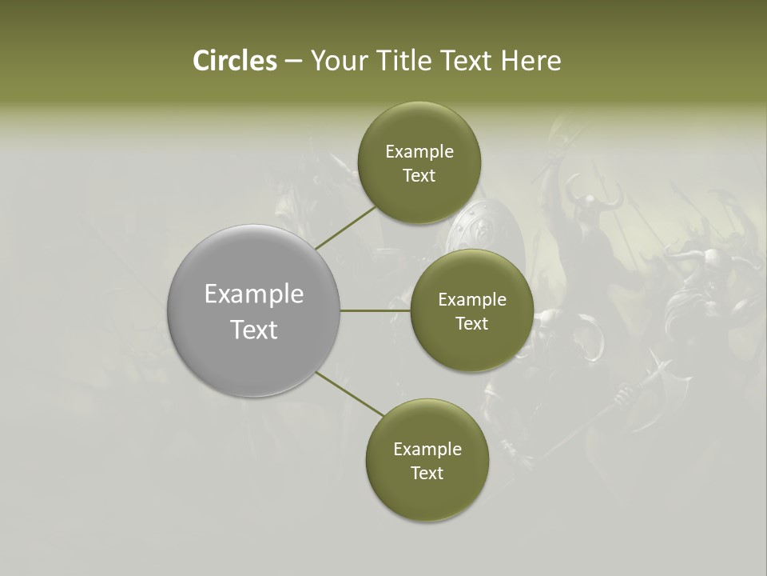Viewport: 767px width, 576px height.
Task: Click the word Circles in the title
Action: coord(234,61)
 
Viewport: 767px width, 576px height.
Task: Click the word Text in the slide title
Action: coord(468,61)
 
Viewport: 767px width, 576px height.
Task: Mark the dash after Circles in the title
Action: coord(293,62)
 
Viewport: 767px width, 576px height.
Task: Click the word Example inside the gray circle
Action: coord(254,294)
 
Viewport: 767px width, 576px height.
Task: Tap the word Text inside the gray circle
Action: coord(254,330)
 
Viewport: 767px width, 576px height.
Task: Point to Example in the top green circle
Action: coord(419,152)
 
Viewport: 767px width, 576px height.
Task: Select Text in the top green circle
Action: coord(419,176)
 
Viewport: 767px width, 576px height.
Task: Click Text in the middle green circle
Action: coord(471,323)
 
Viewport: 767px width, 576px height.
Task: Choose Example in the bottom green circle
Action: coord(427,450)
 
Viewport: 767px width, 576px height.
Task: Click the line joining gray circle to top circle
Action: coord(347,226)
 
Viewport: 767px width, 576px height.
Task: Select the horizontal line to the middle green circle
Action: coord(376,310)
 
